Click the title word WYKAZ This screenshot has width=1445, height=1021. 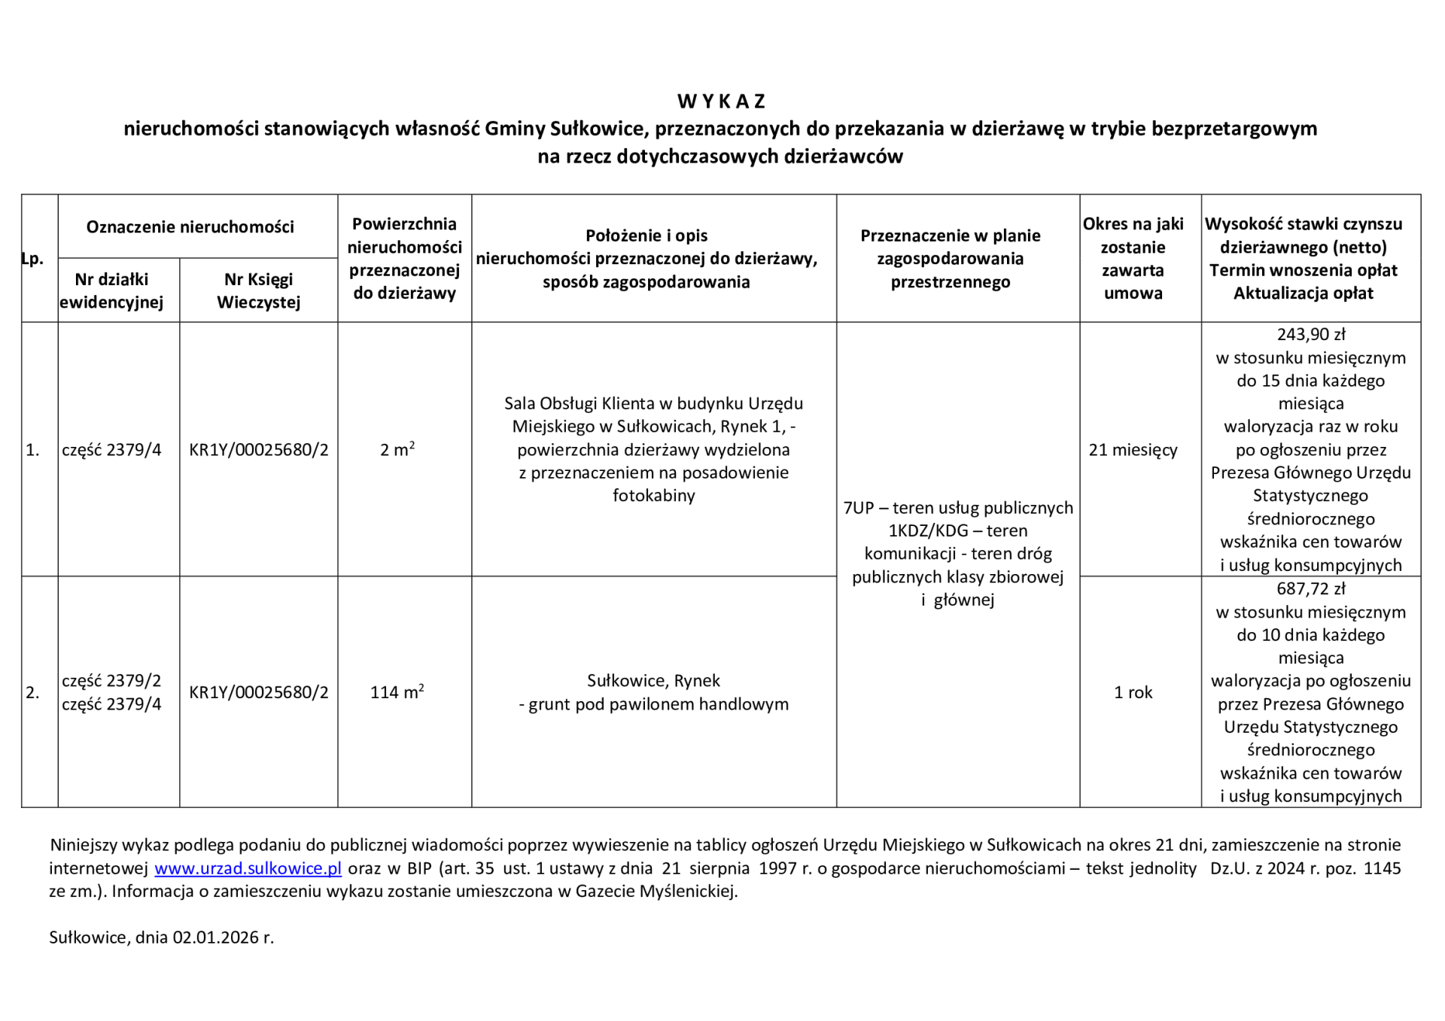[721, 101]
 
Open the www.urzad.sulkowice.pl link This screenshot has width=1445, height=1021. [248, 868]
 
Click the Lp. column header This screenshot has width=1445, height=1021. [32, 259]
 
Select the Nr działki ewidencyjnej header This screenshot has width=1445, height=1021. [111, 290]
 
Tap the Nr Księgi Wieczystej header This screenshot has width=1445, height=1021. [258, 290]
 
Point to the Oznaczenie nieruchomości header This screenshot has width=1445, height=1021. [190, 226]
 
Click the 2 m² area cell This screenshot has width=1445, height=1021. [397, 450]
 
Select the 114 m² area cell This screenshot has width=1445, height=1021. [397, 692]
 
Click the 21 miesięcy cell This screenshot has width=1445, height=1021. [1133, 450]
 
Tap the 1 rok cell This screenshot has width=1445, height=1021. [1133, 692]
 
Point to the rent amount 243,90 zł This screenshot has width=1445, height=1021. [1310, 334]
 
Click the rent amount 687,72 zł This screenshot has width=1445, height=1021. [1310, 588]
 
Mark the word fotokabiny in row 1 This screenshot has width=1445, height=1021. [653, 496]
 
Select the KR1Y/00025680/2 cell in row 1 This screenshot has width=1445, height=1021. [258, 450]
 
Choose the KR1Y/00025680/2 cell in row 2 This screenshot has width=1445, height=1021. [258, 692]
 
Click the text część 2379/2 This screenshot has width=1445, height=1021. [111, 681]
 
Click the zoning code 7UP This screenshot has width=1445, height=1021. [859, 508]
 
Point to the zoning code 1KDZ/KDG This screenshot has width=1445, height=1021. [928, 531]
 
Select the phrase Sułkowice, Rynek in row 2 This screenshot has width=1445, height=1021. [653, 681]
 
